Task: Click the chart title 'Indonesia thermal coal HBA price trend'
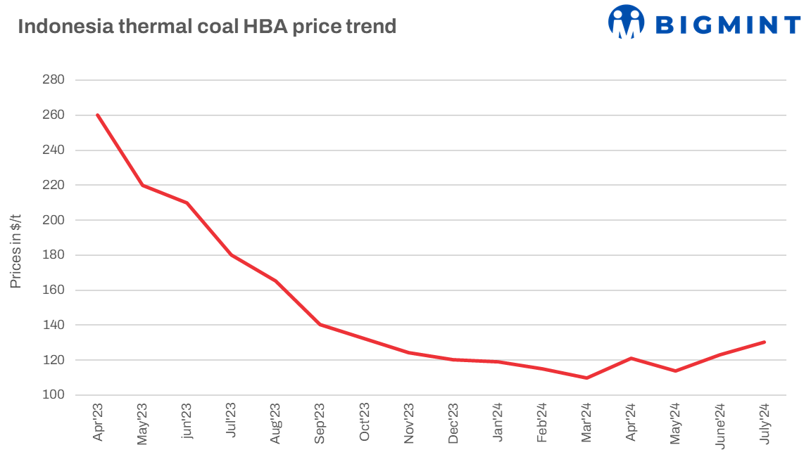tap(207, 27)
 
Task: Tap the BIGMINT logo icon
tap(626, 22)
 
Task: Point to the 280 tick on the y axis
tap(54, 80)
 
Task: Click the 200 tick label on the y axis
tap(54, 220)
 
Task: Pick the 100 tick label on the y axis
tap(54, 395)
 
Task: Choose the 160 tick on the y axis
tap(54, 290)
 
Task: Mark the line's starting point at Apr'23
tap(98, 115)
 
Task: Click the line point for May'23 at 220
tap(142, 185)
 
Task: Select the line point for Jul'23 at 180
tap(231, 255)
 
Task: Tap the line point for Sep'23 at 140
tap(320, 324)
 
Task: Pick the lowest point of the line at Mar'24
tap(586, 378)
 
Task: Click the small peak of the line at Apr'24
tap(631, 358)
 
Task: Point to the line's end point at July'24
tap(764, 342)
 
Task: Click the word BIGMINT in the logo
tap(728, 25)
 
